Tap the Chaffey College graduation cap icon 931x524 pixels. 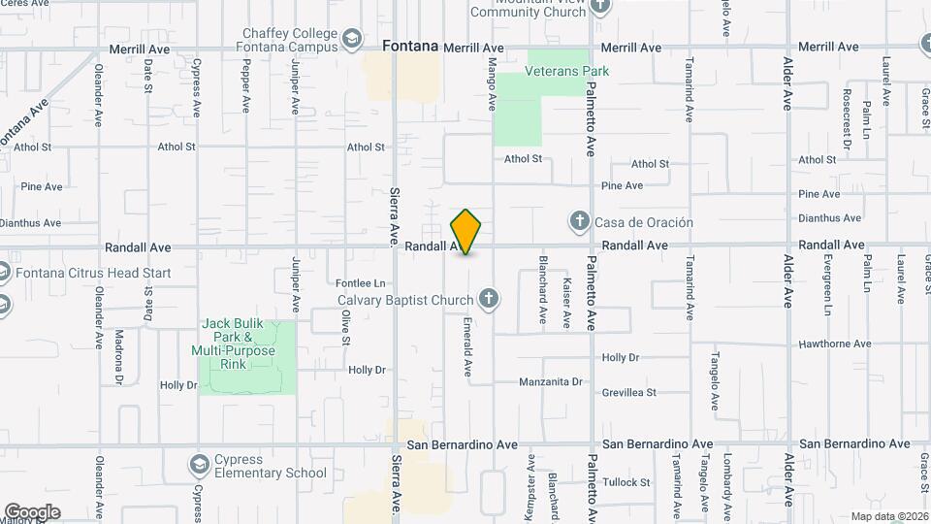pyautogui.click(x=353, y=40)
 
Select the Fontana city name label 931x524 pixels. pyautogui.click(x=411, y=46)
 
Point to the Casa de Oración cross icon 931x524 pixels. pyautogui.click(x=580, y=222)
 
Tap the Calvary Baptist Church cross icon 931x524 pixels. pyautogui.click(x=489, y=299)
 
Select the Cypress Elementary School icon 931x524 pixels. pyautogui.click(x=200, y=465)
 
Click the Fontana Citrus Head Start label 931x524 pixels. pyautogui.click(x=92, y=273)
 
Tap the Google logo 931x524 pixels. pyautogui.click(x=33, y=511)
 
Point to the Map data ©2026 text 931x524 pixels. pyautogui.click(x=888, y=516)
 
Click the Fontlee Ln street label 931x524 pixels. pyautogui.click(x=362, y=283)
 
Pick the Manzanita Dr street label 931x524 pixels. pyautogui.click(x=550, y=381)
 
